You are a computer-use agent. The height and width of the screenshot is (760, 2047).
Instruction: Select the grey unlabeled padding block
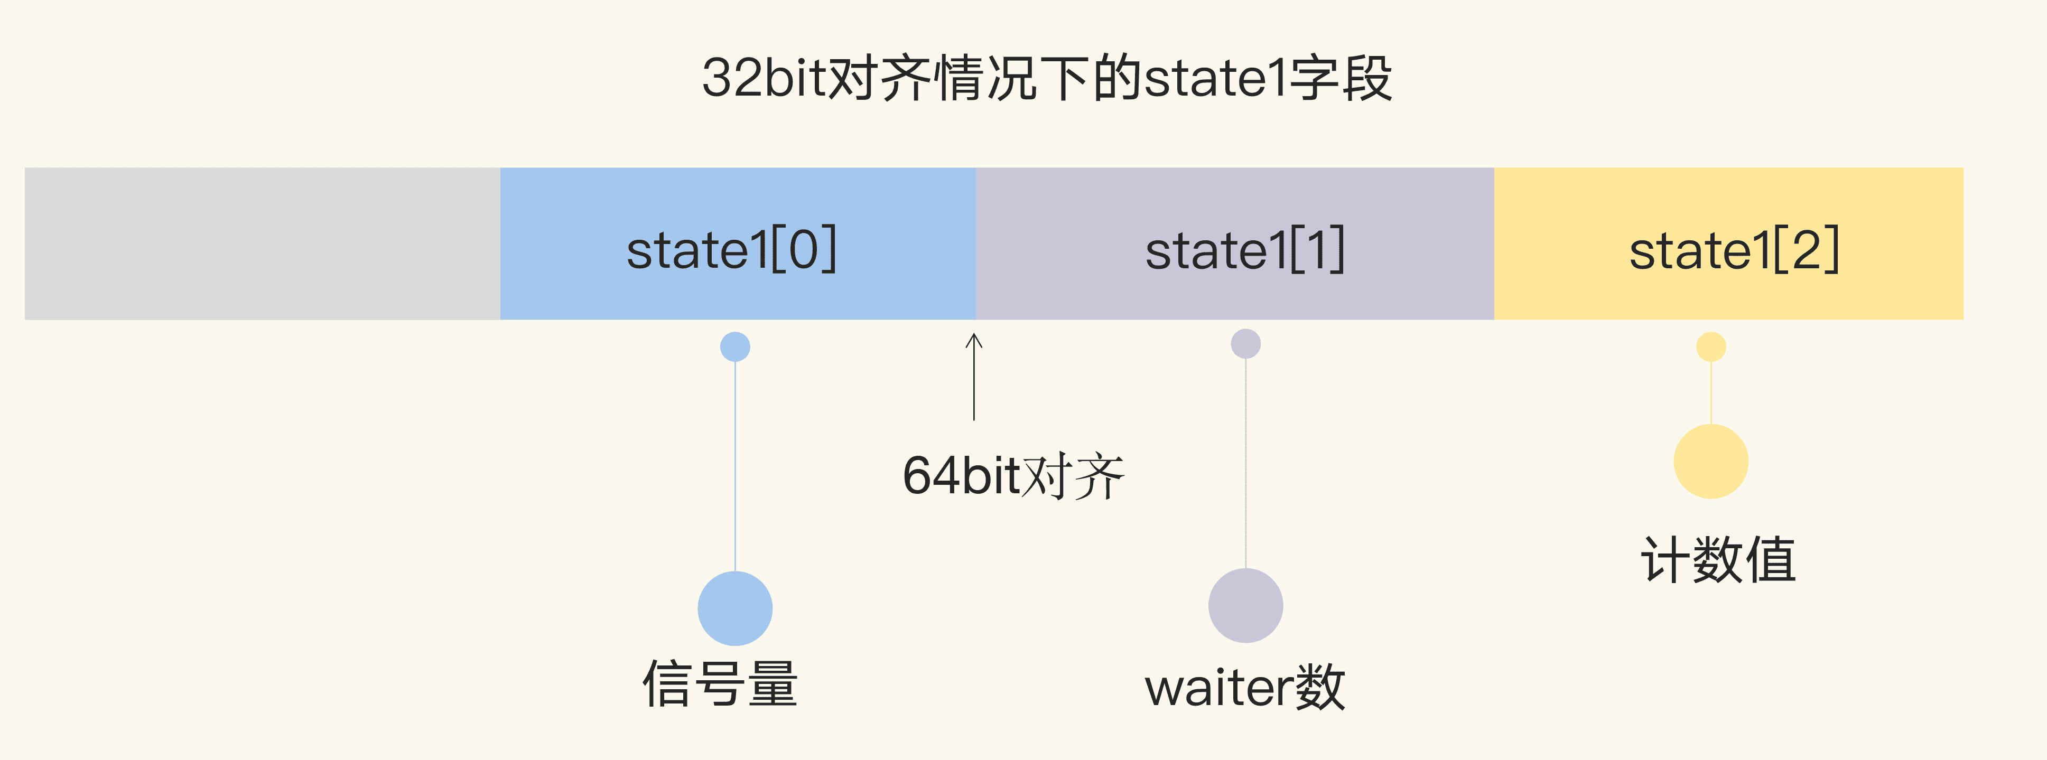(262, 244)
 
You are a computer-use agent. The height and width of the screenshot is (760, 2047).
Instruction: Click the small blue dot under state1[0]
(735, 347)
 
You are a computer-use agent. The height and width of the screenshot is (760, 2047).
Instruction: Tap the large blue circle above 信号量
(735, 608)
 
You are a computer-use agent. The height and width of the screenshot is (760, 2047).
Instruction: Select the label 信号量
(720, 684)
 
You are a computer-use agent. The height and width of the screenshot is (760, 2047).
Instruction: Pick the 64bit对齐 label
(1013, 476)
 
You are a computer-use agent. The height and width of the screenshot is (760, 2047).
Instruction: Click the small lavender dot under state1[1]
(1245, 344)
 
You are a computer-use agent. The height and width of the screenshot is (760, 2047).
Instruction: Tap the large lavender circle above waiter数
(1245, 605)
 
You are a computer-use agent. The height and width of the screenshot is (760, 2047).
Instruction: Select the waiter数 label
(1244, 688)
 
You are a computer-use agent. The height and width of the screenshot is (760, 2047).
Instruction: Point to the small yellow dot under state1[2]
(1711, 347)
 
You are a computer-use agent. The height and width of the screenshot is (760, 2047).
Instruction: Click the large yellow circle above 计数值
(1711, 462)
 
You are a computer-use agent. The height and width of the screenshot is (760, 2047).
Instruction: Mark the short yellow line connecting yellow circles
(1711, 393)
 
